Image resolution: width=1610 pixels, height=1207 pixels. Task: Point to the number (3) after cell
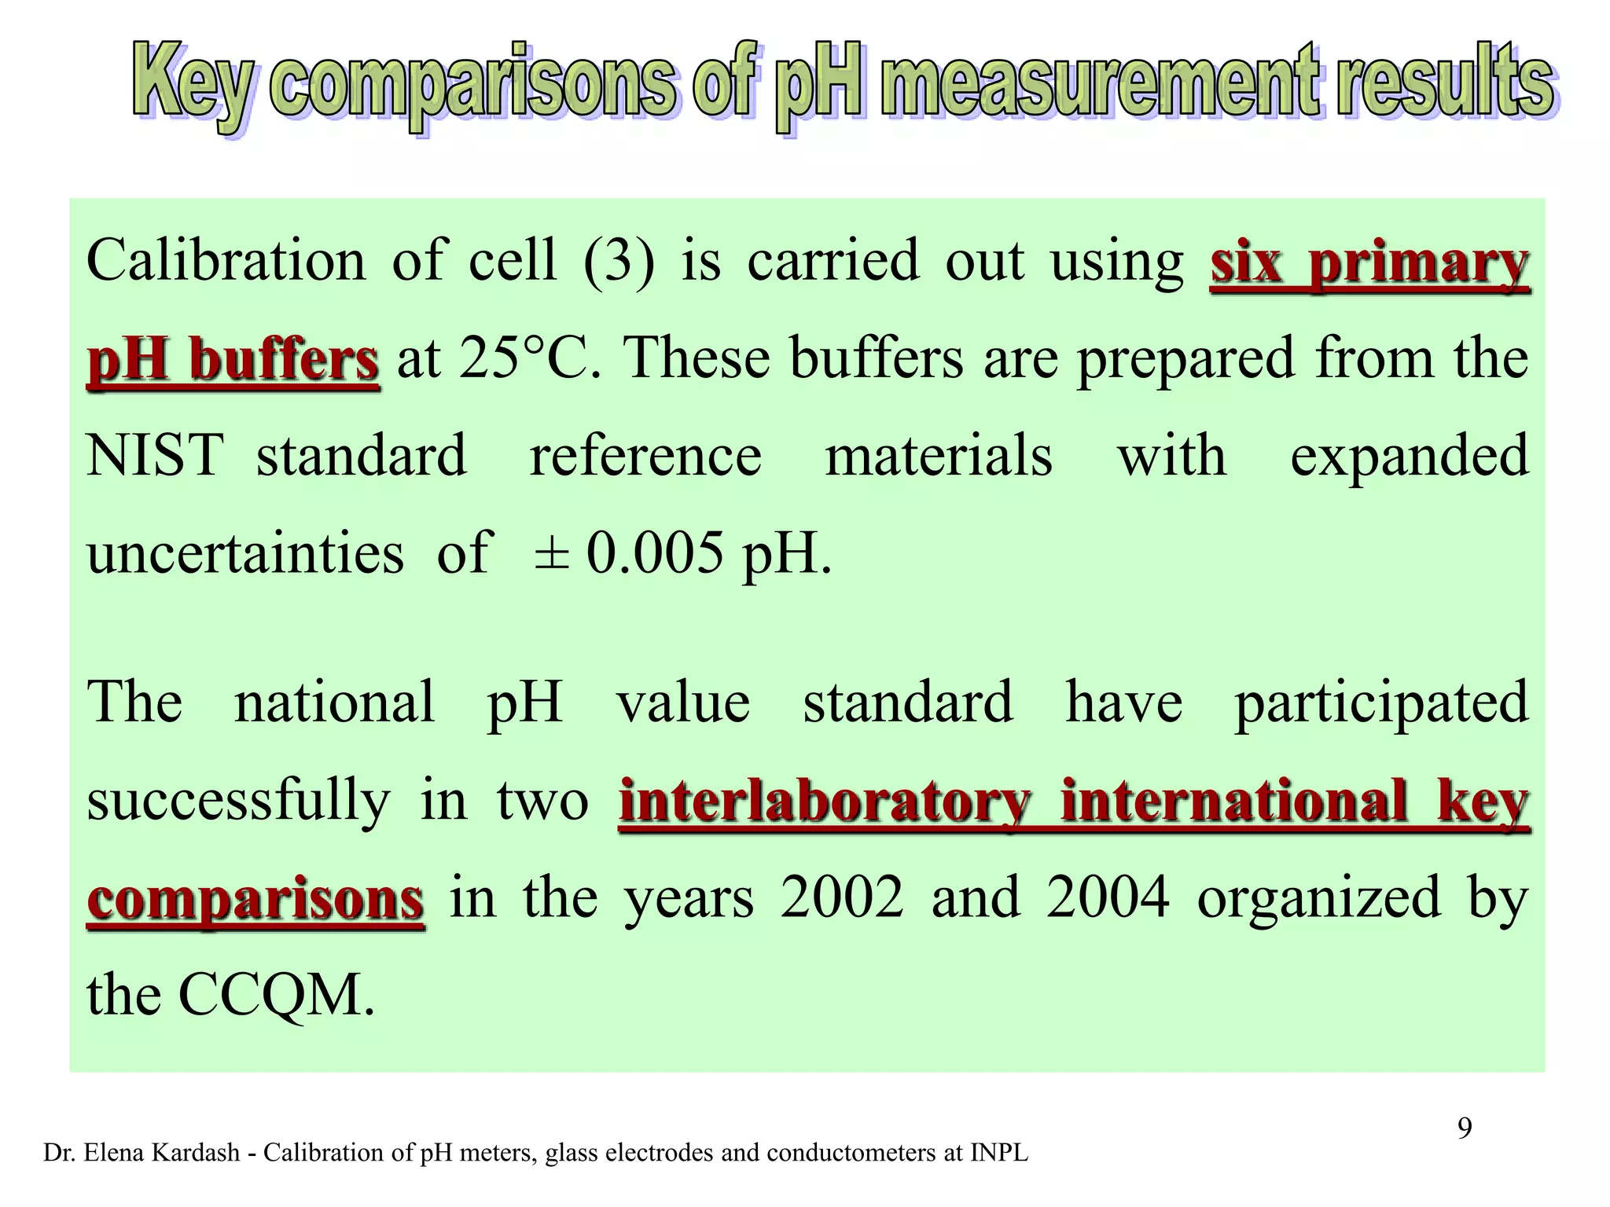(619, 261)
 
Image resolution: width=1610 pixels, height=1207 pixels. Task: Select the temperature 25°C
(530, 358)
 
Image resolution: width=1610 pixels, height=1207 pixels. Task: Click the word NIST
(155, 456)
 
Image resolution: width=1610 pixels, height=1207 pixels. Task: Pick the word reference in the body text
(645, 457)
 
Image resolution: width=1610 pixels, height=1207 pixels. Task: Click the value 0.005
(654, 554)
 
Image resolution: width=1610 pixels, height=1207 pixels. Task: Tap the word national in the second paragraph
(334, 701)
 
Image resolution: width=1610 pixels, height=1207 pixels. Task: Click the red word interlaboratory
(825, 802)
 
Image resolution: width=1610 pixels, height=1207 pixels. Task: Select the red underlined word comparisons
(255, 900)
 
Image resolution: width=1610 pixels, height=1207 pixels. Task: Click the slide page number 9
(1465, 1128)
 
